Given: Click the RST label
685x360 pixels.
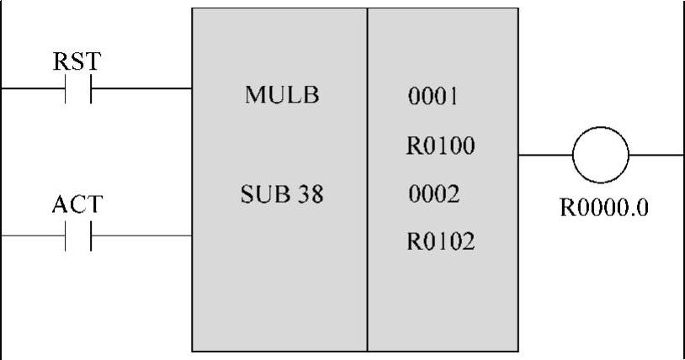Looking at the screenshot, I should point(77,61).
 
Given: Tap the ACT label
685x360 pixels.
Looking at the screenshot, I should point(77,206).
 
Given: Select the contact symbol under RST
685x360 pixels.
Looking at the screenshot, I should point(77,87).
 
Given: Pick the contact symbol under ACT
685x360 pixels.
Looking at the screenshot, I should point(77,236).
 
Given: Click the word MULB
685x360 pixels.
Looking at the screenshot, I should point(282,95).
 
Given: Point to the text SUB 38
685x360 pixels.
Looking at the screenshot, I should point(282,196).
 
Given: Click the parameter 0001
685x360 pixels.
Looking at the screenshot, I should point(433,96).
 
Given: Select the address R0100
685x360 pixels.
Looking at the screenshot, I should point(441,146).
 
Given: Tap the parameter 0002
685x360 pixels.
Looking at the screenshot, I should point(433,195).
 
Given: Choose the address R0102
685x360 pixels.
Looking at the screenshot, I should point(441,243).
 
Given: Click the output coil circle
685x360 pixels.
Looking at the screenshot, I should point(600,155).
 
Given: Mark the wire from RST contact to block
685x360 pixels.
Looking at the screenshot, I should point(141,87).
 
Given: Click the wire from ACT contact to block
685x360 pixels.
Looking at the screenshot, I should point(141,236).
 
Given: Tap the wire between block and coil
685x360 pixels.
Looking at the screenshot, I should point(544,155).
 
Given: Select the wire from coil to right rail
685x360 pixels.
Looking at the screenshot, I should point(656,155).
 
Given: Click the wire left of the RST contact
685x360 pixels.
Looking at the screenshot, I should point(32,87).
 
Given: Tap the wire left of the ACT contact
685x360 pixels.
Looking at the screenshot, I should point(32,236).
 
